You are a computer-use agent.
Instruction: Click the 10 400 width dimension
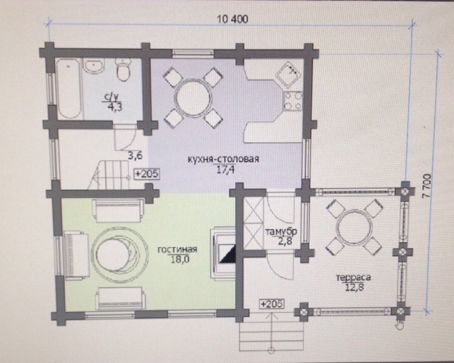pos(233,19)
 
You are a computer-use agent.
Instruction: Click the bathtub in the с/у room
pos(69,89)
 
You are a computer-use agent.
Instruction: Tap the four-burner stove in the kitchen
pos(293,101)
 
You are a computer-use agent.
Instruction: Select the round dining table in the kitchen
pos(193,98)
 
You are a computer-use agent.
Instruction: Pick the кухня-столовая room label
pos(224,159)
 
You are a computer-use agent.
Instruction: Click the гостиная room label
pos(177,250)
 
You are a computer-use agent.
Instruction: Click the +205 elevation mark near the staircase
pos(147,174)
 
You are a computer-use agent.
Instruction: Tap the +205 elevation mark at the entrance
pos(271,304)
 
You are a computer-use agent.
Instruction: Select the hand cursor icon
pos(400,324)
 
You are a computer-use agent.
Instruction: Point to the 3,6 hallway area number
pos(135,156)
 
